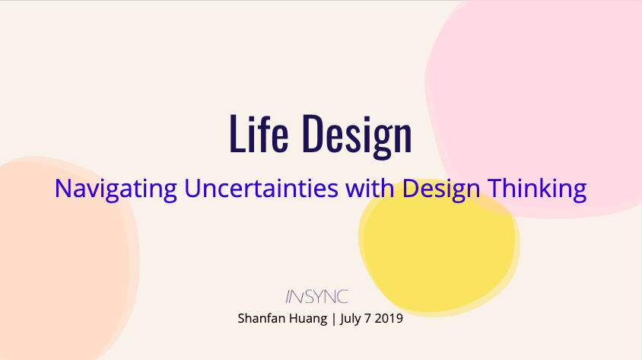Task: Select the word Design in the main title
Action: tap(356, 135)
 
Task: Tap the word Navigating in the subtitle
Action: tap(116, 188)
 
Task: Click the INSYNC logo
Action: tap(316, 297)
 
